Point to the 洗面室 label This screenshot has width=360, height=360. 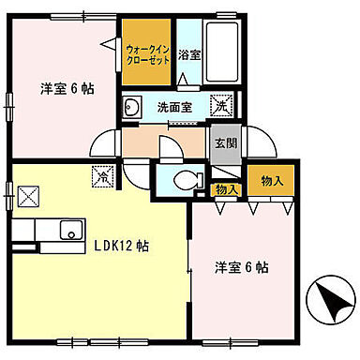(x=173, y=107)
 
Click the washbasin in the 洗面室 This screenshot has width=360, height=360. (x=131, y=106)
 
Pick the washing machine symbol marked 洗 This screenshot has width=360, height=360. (x=221, y=106)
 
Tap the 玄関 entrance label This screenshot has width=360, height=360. (x=225, y=143)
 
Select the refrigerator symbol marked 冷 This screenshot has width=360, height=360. (x=102, y=173)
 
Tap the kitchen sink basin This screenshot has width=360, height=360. (x=67, y=228)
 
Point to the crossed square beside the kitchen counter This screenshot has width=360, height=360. (x=28, y=197)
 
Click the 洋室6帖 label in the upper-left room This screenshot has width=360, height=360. (x=66, y=90)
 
